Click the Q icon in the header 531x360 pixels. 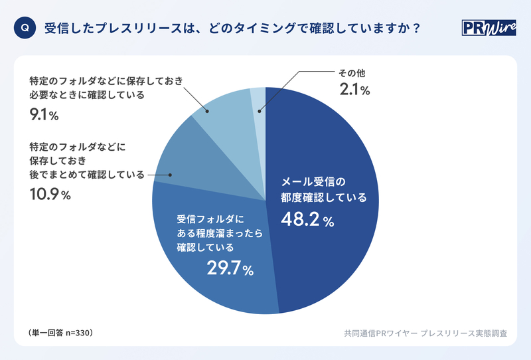[x=25, y=29]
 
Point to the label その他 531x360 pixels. [x=352, y=72]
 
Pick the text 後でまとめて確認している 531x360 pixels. [x=87, y=175]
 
